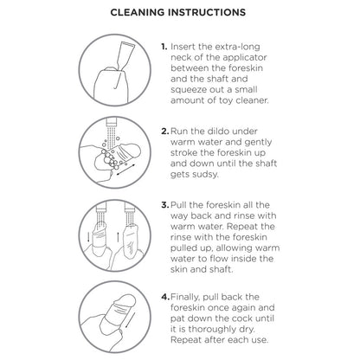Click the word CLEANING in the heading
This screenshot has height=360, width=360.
138,12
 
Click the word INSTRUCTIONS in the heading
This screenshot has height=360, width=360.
207,12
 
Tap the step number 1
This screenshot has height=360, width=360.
164,47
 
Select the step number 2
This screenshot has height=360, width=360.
165,132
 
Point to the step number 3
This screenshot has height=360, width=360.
165,205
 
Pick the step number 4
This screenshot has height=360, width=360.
165,297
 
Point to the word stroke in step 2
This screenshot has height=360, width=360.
192,152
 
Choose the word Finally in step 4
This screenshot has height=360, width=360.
185,297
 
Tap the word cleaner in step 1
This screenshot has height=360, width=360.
252,100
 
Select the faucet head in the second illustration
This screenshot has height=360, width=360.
111,122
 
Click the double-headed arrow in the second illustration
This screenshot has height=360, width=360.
125,170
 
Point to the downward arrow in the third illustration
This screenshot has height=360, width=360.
88,236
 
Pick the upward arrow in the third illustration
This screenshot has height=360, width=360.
118,236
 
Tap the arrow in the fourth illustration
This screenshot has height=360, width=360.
130,320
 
